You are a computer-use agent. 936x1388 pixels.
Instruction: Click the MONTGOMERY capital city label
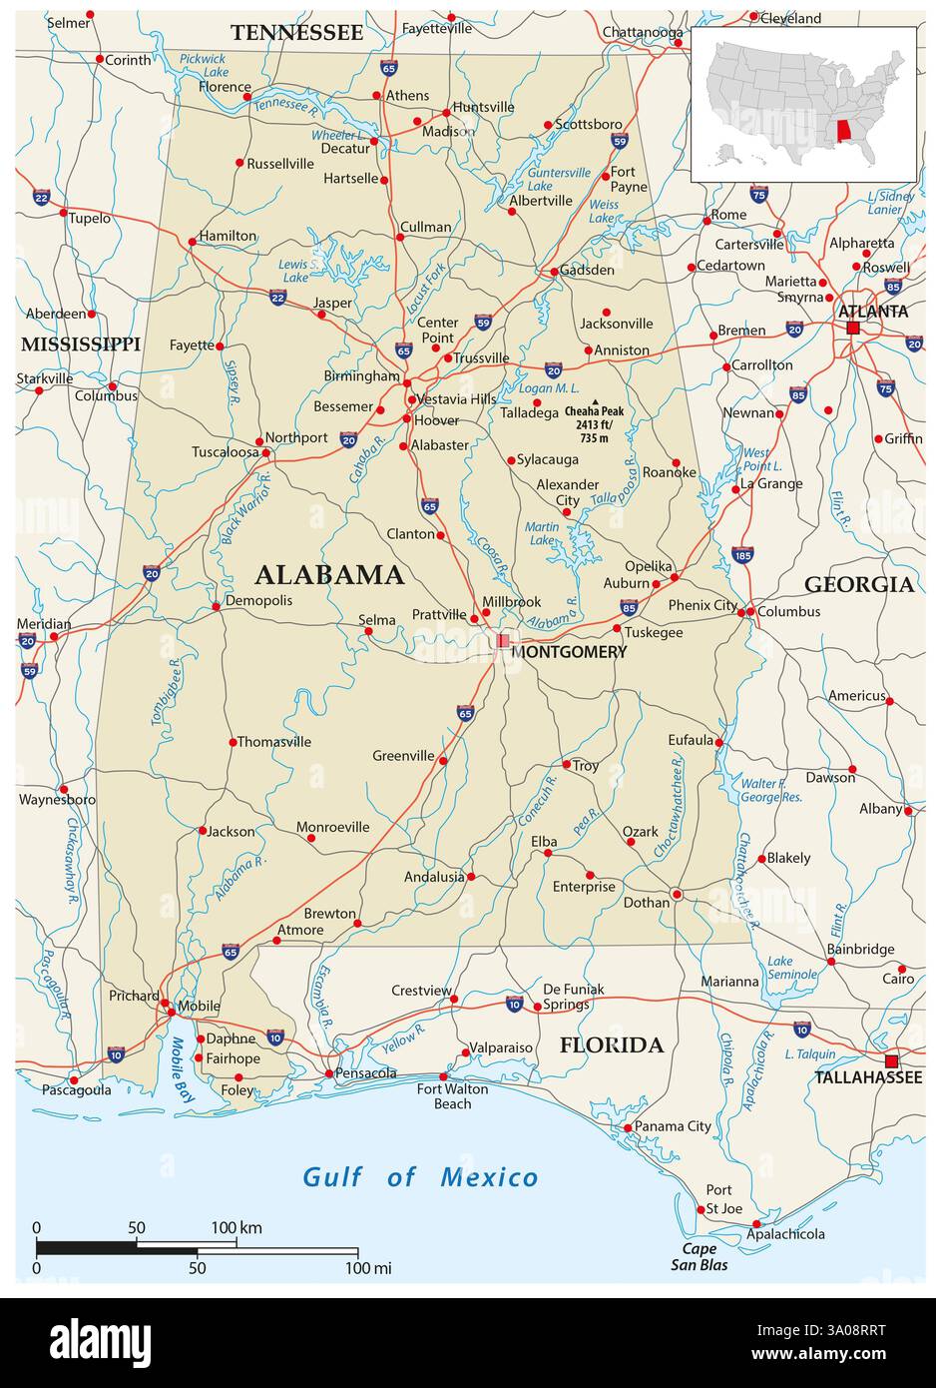[569, 652]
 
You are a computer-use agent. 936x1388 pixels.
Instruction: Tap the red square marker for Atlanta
[852, 328]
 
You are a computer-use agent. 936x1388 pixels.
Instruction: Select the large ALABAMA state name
[329, 575]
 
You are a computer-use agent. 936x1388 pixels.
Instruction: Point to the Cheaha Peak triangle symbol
[595, 401]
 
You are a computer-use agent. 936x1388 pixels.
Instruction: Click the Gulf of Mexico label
[420, 1177]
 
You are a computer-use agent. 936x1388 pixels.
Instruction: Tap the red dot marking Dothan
[677, 895]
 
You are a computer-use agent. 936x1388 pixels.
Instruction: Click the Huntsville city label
[483, 107]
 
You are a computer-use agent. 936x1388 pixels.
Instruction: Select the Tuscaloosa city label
[226, 451]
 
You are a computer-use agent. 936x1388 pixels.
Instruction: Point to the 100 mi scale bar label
[368, 1268]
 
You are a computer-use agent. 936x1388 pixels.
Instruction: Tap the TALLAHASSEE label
[868, 1077]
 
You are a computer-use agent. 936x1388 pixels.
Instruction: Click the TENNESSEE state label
[296, 33]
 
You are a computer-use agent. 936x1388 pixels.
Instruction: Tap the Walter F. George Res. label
[771, 790]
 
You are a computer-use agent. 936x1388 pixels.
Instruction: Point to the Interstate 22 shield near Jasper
[277, 297]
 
